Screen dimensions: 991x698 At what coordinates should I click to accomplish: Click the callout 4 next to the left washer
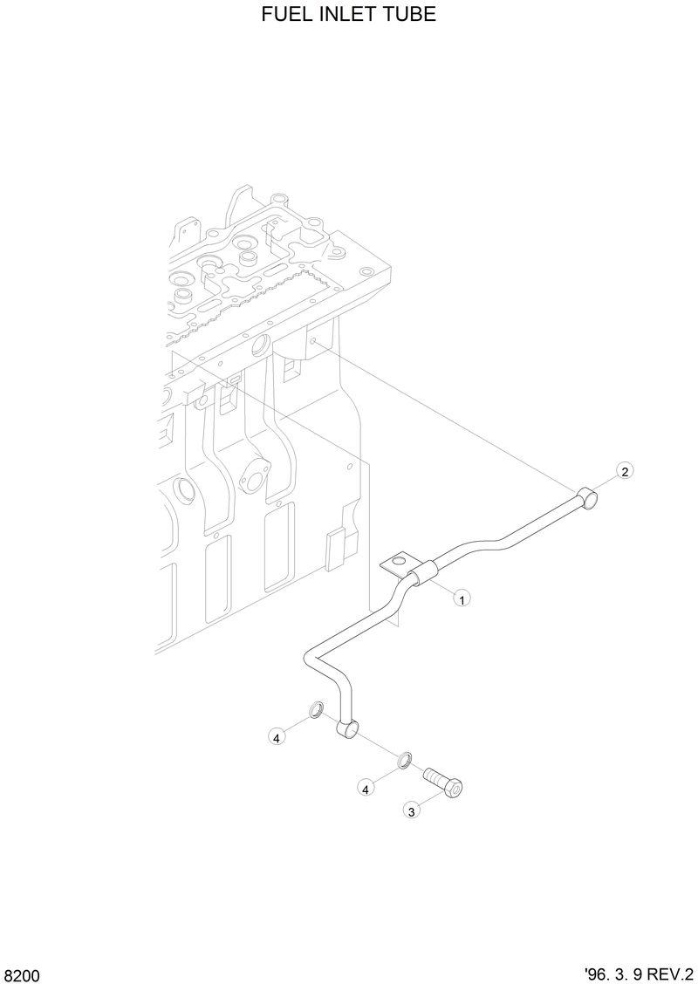coord(276,738)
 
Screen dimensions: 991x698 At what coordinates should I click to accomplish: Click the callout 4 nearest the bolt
coord(366,789)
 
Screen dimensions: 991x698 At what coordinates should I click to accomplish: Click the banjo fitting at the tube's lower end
coord(346,728)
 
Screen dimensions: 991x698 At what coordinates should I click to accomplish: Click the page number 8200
coord(22,974)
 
